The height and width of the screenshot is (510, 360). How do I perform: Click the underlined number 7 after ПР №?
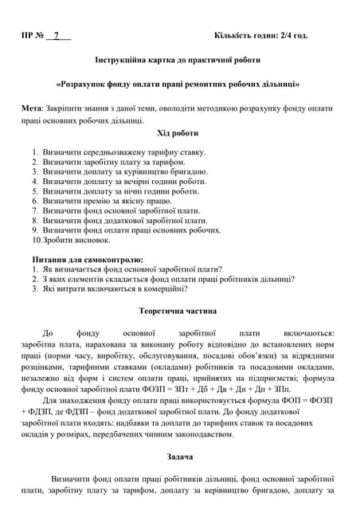(x=57, y=37)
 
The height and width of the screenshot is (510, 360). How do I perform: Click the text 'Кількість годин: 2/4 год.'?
(x=261, y=37)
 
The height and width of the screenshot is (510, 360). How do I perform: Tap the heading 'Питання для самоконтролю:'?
(x=88, y=260)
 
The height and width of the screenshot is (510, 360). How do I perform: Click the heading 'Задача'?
(x=178, y=458)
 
